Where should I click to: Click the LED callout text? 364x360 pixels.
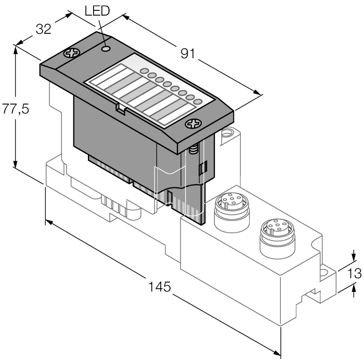point(98,11)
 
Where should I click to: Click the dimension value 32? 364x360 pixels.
point(43,30)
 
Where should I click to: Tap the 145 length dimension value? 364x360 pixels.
point(160,286)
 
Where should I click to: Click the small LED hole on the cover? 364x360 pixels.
point(106,48)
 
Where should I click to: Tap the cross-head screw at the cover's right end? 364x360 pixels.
point(194,124)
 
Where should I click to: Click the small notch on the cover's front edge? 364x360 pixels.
point(120,108)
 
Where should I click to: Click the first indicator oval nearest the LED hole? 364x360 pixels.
point(145,71)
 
